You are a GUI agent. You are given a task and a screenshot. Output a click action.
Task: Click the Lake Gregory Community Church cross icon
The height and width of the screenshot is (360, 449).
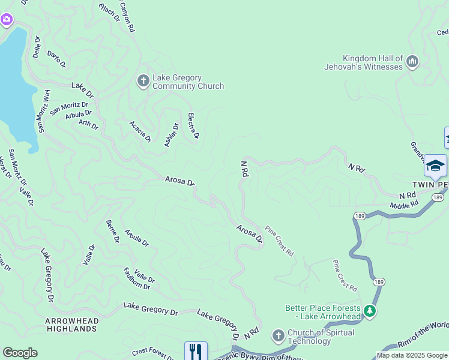(143, 80)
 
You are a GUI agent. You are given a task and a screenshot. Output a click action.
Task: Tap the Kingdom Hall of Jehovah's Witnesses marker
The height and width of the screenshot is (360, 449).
(412, 61)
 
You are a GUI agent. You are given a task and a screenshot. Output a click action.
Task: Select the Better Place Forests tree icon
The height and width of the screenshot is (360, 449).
(370, 311)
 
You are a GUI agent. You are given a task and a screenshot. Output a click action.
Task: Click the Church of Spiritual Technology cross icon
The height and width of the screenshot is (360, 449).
(278, 335)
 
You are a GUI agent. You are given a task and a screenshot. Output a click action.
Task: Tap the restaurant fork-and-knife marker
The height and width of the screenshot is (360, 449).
(196, 352)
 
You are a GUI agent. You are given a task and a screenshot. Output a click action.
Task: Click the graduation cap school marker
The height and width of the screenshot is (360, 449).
(435, 166)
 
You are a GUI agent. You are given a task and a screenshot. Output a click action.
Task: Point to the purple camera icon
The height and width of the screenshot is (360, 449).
(7, 20)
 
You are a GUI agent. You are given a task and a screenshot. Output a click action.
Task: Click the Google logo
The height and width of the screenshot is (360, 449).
(20, 353)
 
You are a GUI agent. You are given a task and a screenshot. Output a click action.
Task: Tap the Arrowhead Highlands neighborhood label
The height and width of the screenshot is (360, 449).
(72, 325)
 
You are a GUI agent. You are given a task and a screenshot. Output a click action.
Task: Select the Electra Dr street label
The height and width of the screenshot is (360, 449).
(193, 127)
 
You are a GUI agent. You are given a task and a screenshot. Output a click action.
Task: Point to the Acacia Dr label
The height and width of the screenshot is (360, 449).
(140, 131)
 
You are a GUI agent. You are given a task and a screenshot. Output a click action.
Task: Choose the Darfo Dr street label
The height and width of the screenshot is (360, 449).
(56, 59)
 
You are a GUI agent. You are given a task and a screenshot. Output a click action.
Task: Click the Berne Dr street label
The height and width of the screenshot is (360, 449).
(112, 231)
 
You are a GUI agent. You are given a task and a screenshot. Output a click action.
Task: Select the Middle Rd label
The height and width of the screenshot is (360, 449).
(403, 206)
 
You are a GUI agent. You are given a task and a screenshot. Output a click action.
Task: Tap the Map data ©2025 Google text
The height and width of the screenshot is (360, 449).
(412, 355)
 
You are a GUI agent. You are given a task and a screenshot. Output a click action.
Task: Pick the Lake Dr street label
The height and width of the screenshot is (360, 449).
(83, 90)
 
